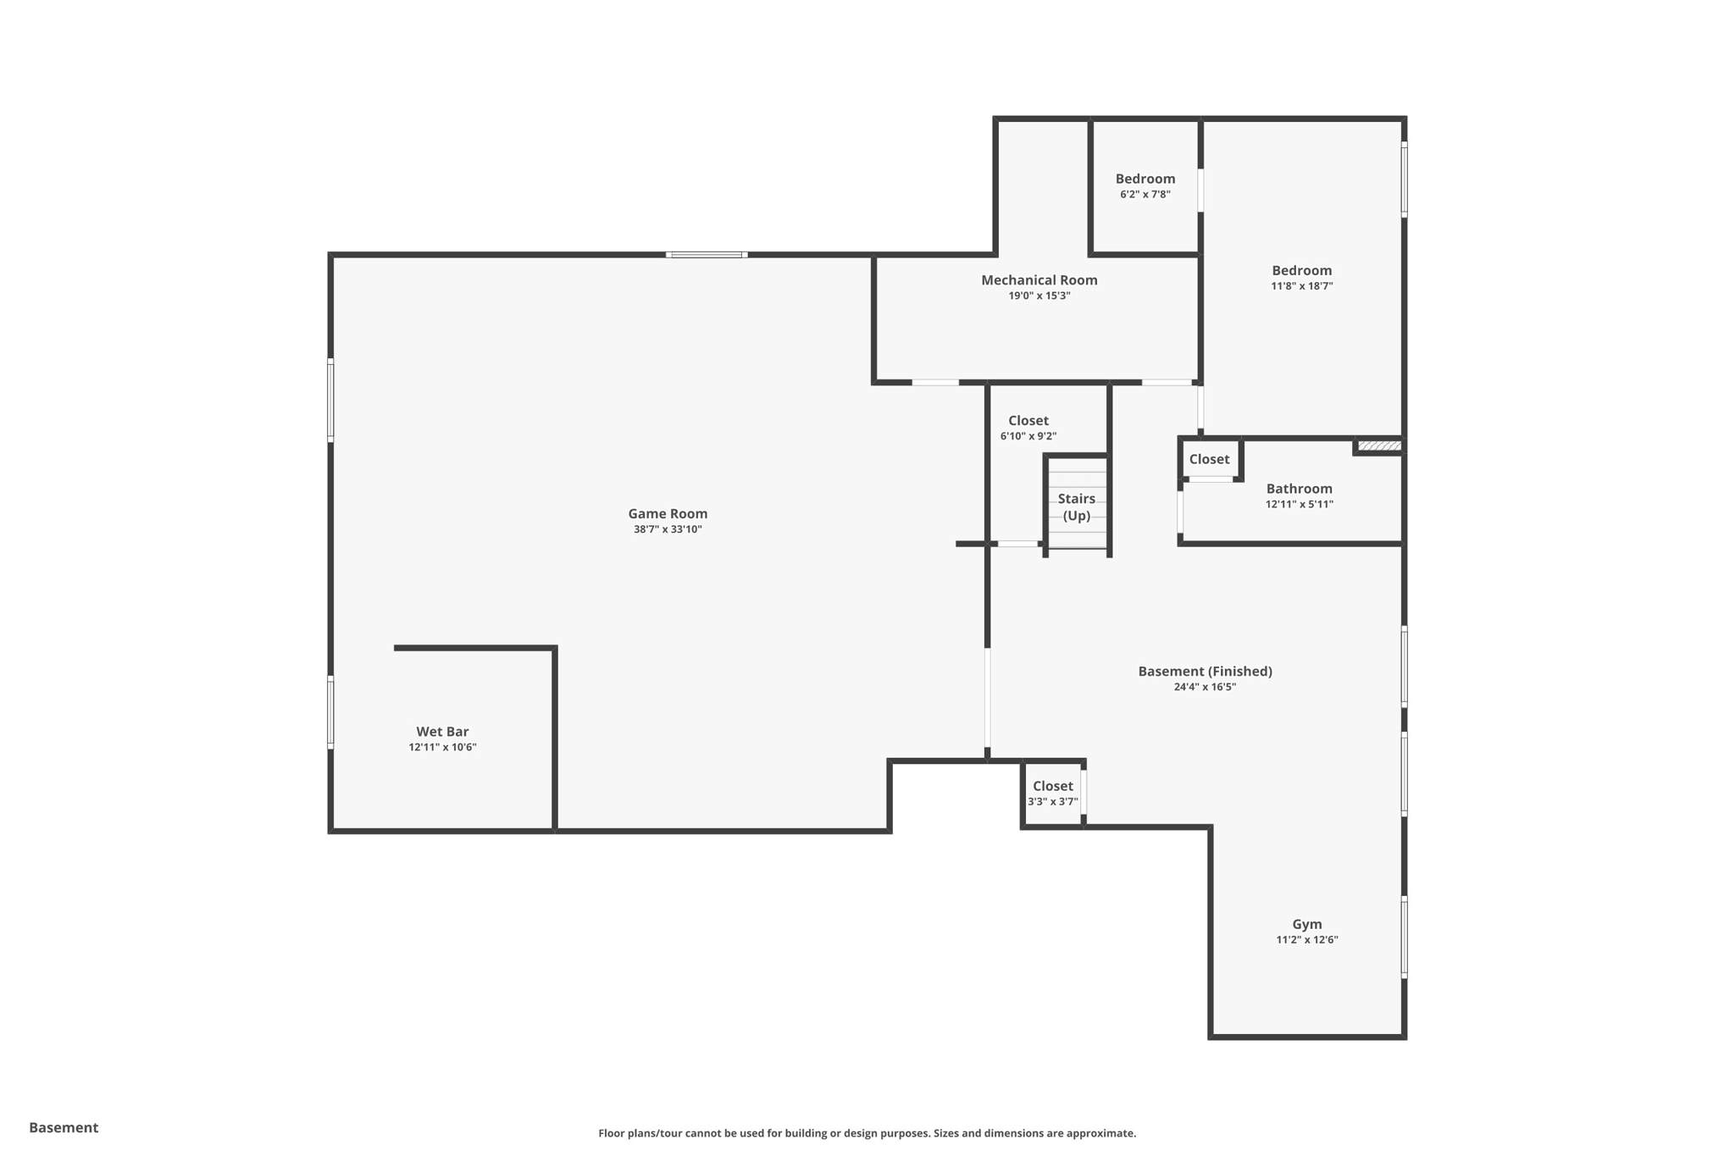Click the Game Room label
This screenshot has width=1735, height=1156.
pos(668,513)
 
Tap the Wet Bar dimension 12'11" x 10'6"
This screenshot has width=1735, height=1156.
pos(442,747)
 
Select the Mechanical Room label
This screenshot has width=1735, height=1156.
pos(1039,280)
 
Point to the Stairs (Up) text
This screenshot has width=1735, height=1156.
pos(1076,506)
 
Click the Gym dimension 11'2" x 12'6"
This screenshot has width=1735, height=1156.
pos(1306,939)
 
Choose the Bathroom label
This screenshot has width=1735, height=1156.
pos(1299,489)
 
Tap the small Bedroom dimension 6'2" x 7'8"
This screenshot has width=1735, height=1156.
pos(1145,194)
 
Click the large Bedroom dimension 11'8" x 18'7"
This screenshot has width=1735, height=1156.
pos(1301,286)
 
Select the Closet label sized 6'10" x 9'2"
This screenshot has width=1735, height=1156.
pos(1028,421)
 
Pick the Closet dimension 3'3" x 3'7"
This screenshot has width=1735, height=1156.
pos(1052,801)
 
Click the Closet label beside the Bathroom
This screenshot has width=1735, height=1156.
pos(1209,459)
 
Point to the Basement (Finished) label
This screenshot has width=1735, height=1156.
pos(1205,672)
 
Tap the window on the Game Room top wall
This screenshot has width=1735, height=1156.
pos(706,254)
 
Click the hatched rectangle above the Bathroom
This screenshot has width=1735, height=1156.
pos(1379,445)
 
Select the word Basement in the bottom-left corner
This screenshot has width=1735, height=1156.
pos(64,1127)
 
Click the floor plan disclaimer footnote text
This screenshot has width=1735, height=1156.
pos(867,1133)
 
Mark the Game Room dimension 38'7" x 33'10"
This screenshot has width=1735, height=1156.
pos(668,529)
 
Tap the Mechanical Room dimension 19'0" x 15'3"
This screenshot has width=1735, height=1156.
pos(1039,296)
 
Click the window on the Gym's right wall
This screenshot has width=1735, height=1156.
pos(1403,938)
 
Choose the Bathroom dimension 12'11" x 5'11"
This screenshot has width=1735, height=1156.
pos(1299,504)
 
